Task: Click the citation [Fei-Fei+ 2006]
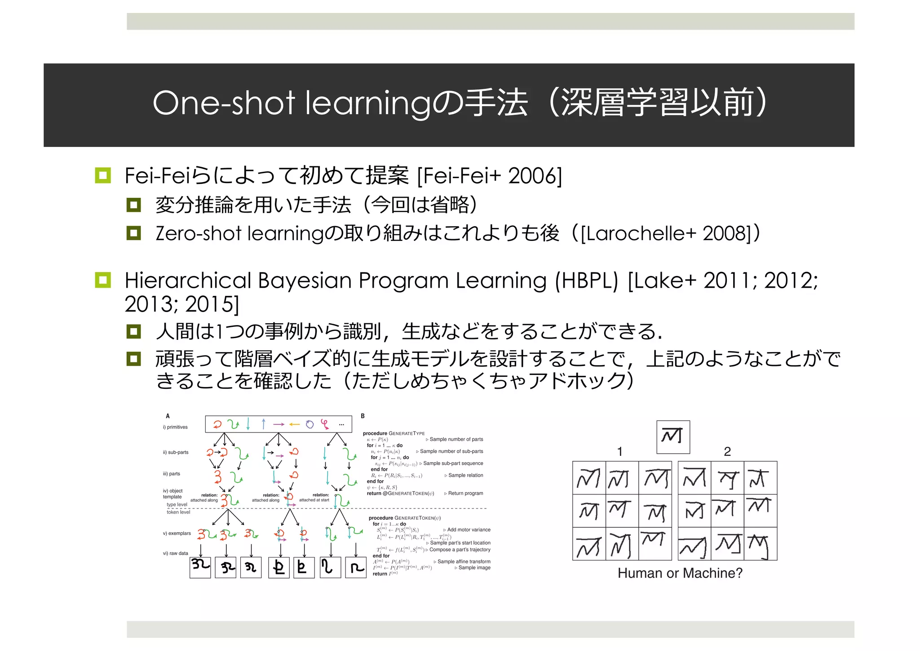point(489,175)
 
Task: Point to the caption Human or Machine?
point(680,573)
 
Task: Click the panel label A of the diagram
point(168,416)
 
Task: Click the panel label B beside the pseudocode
point(363,416)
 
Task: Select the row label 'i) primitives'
point(175,427)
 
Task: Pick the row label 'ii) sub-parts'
point(176,452)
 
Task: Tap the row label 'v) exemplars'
point(177,533)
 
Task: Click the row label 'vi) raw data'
point(175,553)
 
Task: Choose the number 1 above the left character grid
point(619,451)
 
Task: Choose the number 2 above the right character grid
point(727,451)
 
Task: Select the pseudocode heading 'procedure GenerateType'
point(394,433)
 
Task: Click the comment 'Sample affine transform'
point(464,562)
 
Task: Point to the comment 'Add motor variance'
point(469,530)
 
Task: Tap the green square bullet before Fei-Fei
point(103,175)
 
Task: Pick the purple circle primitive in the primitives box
point(310,424)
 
